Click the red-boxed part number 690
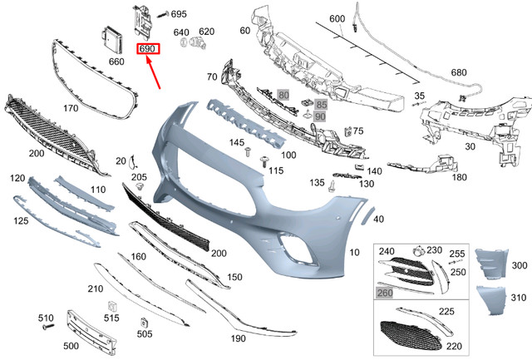[x=150, y=50]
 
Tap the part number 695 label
[x=180, y=15]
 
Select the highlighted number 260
[x=385, y=293]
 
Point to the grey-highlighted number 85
[x=321, y=104]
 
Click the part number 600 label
[x=337, y=18]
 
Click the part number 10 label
[x=355, y=251]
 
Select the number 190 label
[x=239, y=338]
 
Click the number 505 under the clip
[x=145, y=334]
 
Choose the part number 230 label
[x=434, y=250]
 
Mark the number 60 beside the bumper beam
[x=244, y=31]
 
